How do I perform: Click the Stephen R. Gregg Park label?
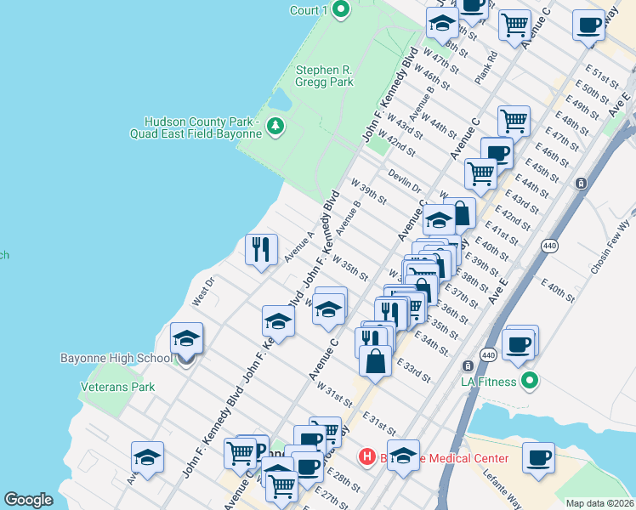click(x=324, y=76)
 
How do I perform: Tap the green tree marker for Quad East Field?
click(x=275, y=127)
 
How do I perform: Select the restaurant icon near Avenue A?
click(x=261, y=249)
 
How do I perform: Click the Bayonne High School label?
click(x=116, y=358)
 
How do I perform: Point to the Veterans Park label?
click(x=117, y=387)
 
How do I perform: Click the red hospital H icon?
click(x=367, y=457)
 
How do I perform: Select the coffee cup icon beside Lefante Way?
click(x=538, y=457)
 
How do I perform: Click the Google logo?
click(x=28, y=500)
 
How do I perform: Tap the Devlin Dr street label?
click(x=406, y=183)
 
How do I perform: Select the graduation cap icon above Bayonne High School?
click(x=186, y=338)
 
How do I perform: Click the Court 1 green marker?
click(x=342, y=10)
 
